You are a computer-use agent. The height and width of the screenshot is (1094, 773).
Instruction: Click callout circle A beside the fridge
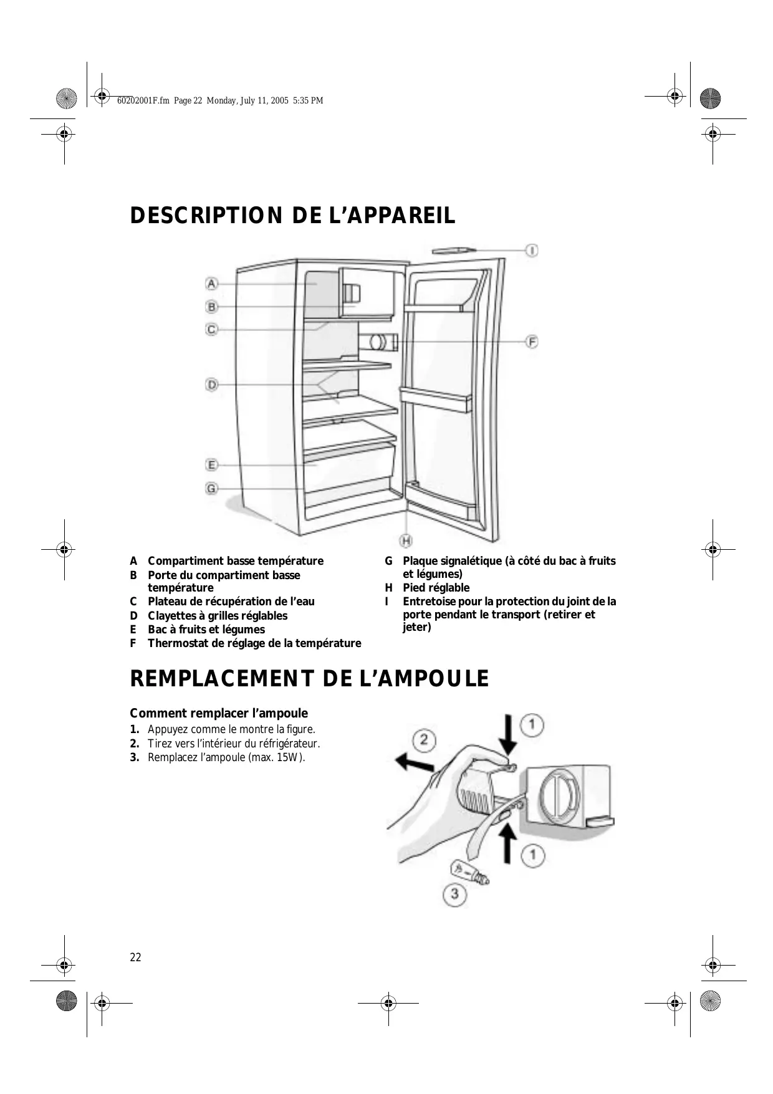[x=212, y=284]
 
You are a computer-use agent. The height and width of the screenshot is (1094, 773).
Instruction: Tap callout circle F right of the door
[x=532, y=342]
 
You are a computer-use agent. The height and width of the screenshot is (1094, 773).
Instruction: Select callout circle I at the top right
[x=532, y=251]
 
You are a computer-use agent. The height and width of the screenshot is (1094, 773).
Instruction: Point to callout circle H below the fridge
[x=406, y=540]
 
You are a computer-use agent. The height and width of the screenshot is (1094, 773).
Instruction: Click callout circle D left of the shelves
[x=212, y=385]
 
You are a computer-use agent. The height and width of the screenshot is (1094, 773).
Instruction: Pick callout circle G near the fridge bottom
[x=212, y=489]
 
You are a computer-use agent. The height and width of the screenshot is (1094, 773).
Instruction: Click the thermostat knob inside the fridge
[x=377, y=342]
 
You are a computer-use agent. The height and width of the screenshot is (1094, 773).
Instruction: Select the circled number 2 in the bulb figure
[x=424, y=741]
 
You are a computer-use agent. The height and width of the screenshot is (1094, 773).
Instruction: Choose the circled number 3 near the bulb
[x=455, y=895]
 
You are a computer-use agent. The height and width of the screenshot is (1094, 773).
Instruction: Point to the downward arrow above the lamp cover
[x=509, y=736]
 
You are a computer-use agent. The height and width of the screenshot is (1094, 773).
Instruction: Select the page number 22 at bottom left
[x=135, y=957]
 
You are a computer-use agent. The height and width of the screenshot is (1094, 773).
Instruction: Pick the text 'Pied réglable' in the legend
[x=436, y=588]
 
